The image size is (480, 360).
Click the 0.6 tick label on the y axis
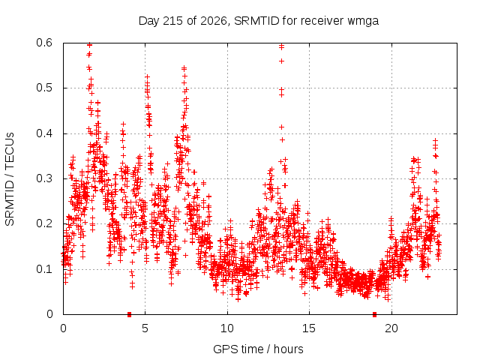pos(44,43)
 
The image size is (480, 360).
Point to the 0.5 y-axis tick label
pos(44,88)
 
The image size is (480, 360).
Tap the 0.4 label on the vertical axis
pos(44,133)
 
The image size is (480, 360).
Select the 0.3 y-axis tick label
pos(44,178)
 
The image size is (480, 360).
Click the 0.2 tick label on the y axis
pos(44,223)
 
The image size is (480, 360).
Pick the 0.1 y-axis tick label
pos(44,269)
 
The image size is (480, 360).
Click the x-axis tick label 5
pos(145,328)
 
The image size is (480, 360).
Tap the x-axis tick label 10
pos(227,328)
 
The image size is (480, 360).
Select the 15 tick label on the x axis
pos(309,328)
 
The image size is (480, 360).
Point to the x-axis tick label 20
pos(391,328)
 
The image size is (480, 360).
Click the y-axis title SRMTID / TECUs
pos(10,179)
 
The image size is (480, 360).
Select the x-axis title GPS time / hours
pos(258,349)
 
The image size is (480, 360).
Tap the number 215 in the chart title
pos(172,21)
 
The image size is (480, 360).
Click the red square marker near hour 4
pos(129,314)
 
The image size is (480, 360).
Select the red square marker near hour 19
pos(374,314)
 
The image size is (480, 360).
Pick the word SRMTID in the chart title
pos(256,21)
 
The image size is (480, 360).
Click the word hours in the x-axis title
pos(288,349)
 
